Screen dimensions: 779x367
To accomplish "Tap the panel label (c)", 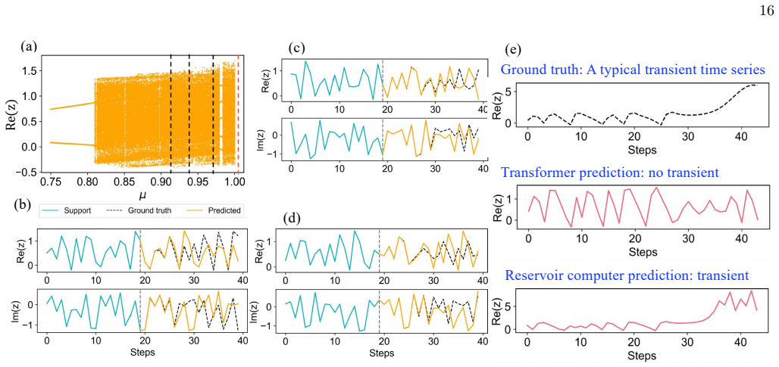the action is (297, 48).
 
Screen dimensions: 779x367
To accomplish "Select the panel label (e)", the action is (513, 50).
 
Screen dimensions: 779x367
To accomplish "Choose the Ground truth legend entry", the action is (139, 210).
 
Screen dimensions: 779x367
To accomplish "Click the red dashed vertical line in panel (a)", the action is (238, 113).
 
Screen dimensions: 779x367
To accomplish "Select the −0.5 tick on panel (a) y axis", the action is (29, 172).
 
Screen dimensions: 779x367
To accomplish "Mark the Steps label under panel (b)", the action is (142, 353).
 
